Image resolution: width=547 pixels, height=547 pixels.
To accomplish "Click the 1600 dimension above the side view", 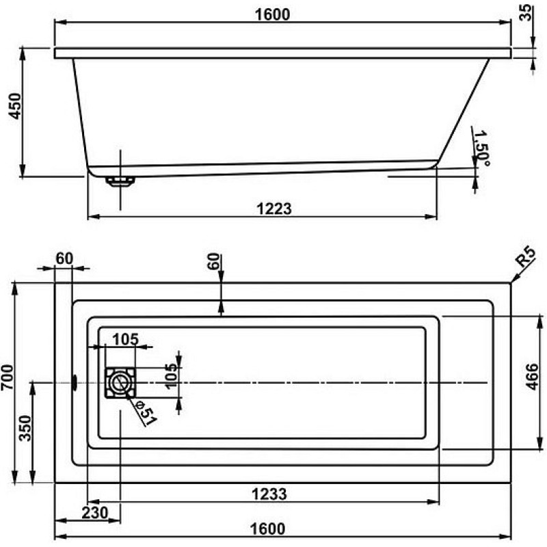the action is pyautogui.click(x=272, y=14).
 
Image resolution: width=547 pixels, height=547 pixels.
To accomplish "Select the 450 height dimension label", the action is pyautogui.click(x=15, y=106).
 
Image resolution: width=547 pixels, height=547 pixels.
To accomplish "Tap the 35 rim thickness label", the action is pyautogui.click(x=526, y=12).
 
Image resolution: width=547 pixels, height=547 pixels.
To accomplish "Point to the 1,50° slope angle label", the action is pyautogui.click(x=481, y=148).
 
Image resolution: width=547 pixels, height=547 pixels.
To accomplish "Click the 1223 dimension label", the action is pyautogui.click(x=274, y=209).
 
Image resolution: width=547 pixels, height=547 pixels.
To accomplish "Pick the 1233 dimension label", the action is pyautogui.click(x=269, y=494).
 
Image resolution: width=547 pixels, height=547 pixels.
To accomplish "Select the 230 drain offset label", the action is pyautogui.click(x=95, y=513).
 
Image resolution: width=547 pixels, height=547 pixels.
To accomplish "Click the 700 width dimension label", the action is pyautogui.click(x=8, y=377).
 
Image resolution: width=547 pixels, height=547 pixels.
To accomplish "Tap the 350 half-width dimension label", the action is pyautogui.click(x=25, y=429).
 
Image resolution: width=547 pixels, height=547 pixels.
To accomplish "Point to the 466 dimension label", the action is pyautogui.click(x=532, y=377).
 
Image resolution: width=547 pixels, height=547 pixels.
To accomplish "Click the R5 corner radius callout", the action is pyautogui.click(x=526, y=256).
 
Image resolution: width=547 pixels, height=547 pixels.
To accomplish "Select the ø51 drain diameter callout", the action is pyautogui.click(x=146, y=414).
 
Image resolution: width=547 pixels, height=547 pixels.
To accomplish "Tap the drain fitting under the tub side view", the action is pyautogui.click(x=120, y=181).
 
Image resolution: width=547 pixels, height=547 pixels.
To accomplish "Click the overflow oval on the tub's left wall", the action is pyautogui.click(x=75, y=383).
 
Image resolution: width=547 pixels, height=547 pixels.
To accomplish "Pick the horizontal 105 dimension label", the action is pyautogui.click(x=126, y=338).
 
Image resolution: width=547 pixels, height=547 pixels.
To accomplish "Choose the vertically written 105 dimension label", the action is pyautogui.click(x=171, y=377).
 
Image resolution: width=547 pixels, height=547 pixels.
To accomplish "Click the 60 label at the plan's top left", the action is pyautogui.click(x=64, y=258).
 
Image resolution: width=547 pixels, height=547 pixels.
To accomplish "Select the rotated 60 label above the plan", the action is pyautogui.click(x=213, y=261).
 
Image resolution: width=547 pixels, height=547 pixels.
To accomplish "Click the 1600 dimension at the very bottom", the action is pyautogui.click(x=267, y=529).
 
